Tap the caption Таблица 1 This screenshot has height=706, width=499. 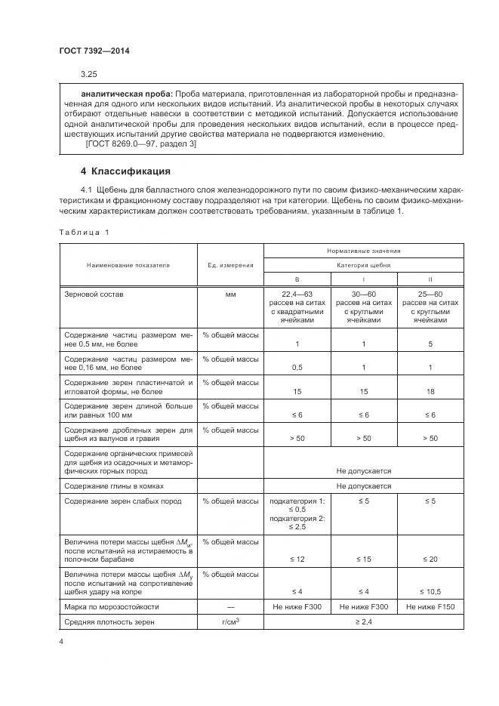pyautogui.click(x=84, y=232)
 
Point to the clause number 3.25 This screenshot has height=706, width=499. pyautogui.click(x=89, y=74)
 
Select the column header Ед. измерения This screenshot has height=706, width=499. pyautogui.click(x=230, y=265)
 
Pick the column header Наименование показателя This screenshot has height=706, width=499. pyautogui.click(x=128, y=265)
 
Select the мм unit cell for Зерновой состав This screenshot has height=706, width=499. pyautogui.click(x=230, y=293)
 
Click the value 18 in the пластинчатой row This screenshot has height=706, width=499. pyautogui.click(x=430, y=391)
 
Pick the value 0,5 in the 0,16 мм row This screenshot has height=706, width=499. pyautogui.click(x=297, y=368)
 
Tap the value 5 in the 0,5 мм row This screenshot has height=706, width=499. pyautogui.click(x=430, y=344)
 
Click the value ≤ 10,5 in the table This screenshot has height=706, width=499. pyautogui.click(x=430, y=591)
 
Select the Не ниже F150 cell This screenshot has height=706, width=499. pyautogui.click(x=430, y=606)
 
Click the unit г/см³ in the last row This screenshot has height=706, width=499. pyautogui.click(x=230, y=621)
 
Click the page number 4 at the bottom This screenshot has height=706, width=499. pyautogui.click(x=61, y=642)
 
